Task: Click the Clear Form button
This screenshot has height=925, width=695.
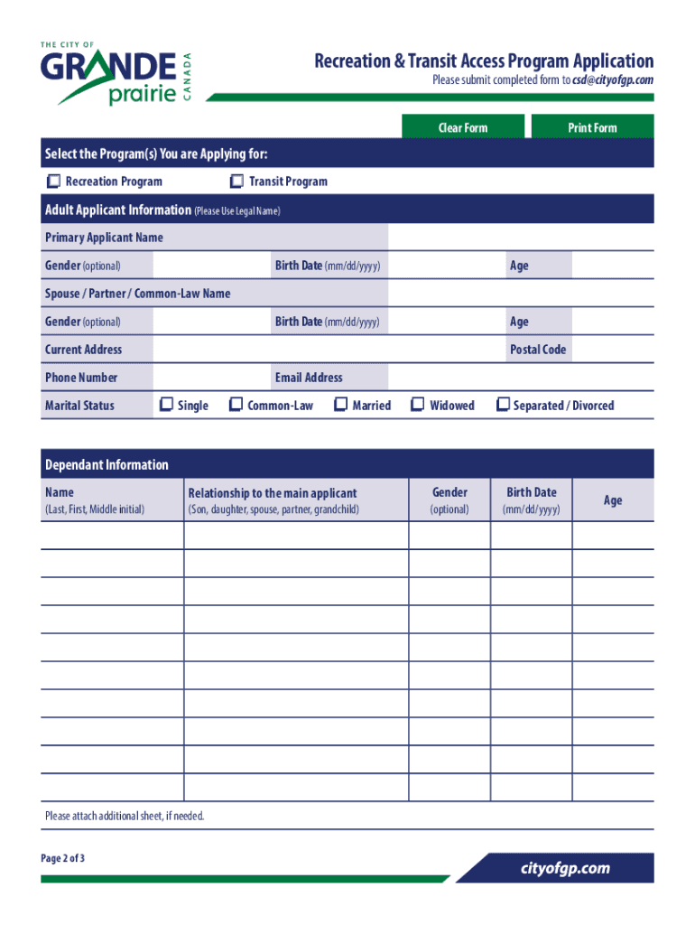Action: tap(462, 127)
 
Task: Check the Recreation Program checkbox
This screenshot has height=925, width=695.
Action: tap(54, 182)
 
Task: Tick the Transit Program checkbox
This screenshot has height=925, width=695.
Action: tap(237, 182)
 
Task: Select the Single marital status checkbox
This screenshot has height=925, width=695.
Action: tap(166, 406)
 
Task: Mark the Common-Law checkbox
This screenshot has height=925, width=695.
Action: tap(236, 406)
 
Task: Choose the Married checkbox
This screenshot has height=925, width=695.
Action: tap(341, 406)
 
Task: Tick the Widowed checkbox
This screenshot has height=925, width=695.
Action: tap(418, 406)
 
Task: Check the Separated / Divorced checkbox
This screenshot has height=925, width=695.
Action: tap(504, 406)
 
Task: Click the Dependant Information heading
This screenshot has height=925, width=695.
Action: tap(107, 465)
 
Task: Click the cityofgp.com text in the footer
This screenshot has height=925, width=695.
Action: tap(565, 869)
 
